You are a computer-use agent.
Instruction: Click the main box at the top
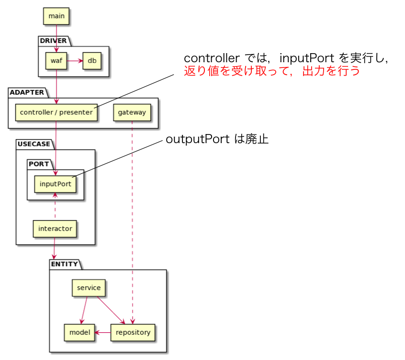coord(56,16)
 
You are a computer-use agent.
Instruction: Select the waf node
coord(56,61)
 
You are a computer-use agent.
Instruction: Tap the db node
coord(91,61)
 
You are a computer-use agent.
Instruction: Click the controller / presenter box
coord(56,112)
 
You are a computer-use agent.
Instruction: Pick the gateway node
coord(132,112)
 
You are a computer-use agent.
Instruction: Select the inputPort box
coord(56,184)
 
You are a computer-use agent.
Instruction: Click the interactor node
coord(55,229)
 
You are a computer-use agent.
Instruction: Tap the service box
coord(89,288)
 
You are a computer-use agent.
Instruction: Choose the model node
coord(79,332)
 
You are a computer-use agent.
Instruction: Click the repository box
coord(133,332)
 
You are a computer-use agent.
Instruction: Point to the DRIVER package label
coord(53,41)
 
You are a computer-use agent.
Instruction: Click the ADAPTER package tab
coord(26,92)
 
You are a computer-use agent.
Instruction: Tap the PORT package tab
coord(39,164)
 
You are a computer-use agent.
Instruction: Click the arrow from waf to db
coord(75,61)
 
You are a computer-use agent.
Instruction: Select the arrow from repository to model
coord(102,332)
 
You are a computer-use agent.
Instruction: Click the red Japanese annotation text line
coord(271,71)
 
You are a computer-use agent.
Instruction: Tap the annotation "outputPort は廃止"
coord(217,139)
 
